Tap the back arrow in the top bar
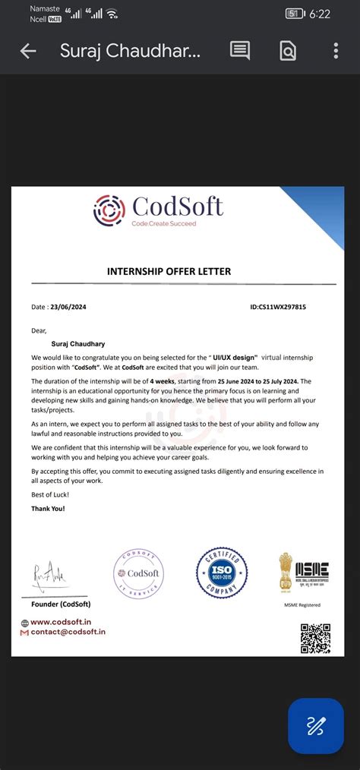click(x=28, y=51)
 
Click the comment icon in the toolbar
click(x=240, y=51)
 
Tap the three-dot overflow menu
click(x=336, y=51)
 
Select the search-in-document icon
click(x=288, y=51)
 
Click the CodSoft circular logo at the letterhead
click(x=109, y=210)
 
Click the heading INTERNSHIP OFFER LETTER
click(x=169, y=271)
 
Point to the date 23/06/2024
click(x=69, y=308)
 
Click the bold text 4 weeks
click(x=163, y=381)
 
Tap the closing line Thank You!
click(x=48, y=509)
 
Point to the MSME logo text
click(x=312, y=570)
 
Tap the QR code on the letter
click(x=315, y=638)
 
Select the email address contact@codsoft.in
click(x=68, y=632)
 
